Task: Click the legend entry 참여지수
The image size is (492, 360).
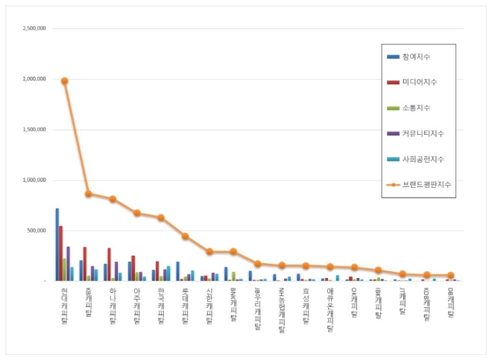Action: point(416,57)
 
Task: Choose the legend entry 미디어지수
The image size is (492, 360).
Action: point(419,81)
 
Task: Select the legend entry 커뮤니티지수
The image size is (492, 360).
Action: point(422,133)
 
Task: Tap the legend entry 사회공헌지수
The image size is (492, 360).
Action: point(422,160)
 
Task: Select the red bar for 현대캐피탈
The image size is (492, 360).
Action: point(61,253)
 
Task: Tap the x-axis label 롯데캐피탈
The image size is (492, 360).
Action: point(184,305)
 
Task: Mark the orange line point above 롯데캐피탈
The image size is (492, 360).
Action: point(184,236)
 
